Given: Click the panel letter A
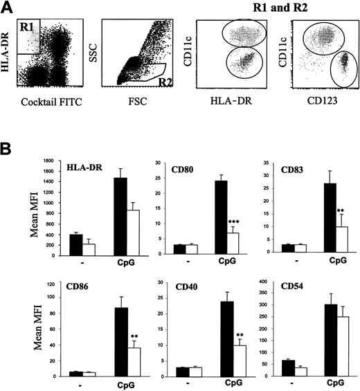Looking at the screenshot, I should pyautogui.click(x=8, y=8).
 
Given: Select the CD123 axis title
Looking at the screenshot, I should pyautogui.click(x=318, y=107).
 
